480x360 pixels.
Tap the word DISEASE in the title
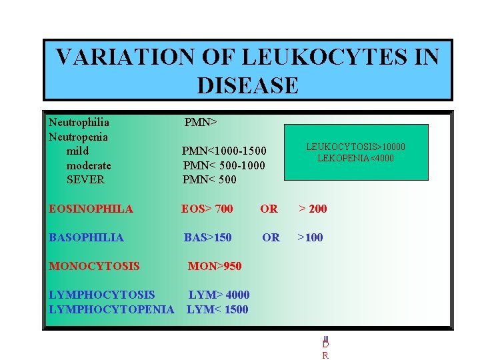pyautogui.click(x=247, y=86)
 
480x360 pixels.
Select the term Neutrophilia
pyautogui.click(x=79, y=123)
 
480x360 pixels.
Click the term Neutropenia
pyautogui.click(x=78, y=137)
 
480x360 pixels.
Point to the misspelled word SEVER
pyautogui.click(x=85, y=179)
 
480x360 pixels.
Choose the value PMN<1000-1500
pyautogui.click(x=224, y=151)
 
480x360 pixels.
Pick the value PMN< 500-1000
pyautogui.click(x=223, y=165)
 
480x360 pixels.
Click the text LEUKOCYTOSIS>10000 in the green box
pyautogui.click(x=355, y=147)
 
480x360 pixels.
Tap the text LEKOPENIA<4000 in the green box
pyautogui.click(x=355, y=158)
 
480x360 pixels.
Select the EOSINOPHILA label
pyautogui.click(x=91, y=209)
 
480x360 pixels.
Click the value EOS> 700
pyautogui.click(x=207, y=209)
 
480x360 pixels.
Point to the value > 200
pyautogui.click(x=312, y=209)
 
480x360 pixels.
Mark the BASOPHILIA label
pyautogui.click(x=87, y=237)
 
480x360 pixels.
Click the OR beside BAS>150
pyautogui.click(x=271, y=237)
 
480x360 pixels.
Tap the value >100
pyautogui.click(x=310, y=237)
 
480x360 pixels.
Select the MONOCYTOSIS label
pyautogui.click(x=94, y=267)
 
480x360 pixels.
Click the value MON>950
pyautogui.click(x=215, y=267)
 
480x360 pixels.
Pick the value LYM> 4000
pyautogui.click(x=219, y=295)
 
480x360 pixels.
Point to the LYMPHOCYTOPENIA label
pyautogui.click(x=111, y=309)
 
